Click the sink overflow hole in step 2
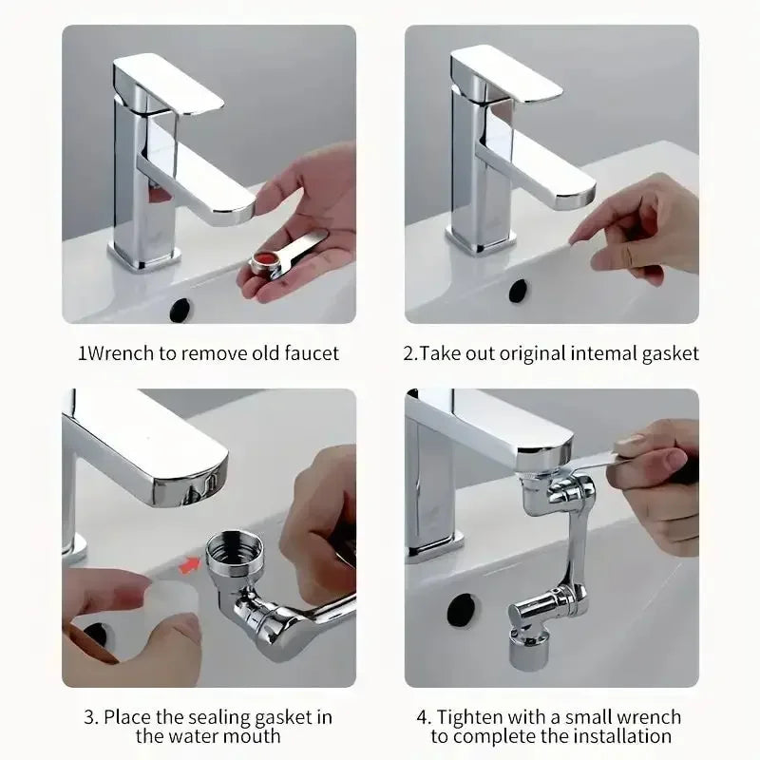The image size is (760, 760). tap(518, 291)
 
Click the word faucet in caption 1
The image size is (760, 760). tap(310, 353)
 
